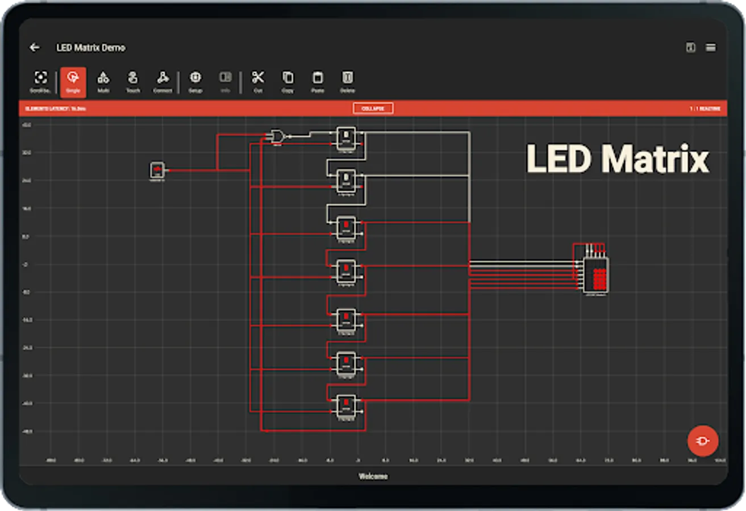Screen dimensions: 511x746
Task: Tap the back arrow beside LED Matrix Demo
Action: (x=35, y=48)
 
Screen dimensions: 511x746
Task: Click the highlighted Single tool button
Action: (x=73, y=81)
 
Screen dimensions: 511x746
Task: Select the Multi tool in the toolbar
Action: (x=103, y=81)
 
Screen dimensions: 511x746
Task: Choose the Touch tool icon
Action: (x=133, y=81)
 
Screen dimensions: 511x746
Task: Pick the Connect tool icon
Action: (x=162, y=81)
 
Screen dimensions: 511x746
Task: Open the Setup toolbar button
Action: (x=195, y=81)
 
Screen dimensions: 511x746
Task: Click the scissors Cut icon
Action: (x=258, y=81)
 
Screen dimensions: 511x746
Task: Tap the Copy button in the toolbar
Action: (x=288, y=81)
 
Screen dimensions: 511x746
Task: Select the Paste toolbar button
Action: (x=318, y=81)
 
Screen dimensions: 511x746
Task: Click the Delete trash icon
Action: (x=347, y=81)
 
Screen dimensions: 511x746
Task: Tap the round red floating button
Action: (x=703, y=441)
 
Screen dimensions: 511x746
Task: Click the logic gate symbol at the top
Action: (x=277, y=136)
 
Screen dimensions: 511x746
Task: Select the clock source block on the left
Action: (x=157, y=170)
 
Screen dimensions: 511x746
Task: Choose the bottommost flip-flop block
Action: (x=346, y=405)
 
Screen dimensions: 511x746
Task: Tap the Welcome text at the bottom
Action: (x=373, y=476)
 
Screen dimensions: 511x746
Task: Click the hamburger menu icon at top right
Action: (x=710, y=48)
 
